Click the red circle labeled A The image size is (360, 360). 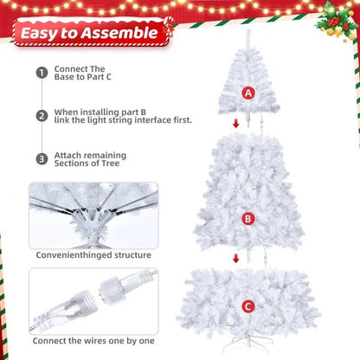[x=249, y=93]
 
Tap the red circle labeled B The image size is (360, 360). [x=248, y=219]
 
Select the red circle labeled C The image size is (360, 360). [x=248, y=305]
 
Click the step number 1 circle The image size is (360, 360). [x=41, y=73]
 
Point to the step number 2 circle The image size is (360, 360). [x=41, y=115]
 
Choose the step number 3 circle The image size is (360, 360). [x=41, y=158]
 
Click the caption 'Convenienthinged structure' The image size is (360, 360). [x=93, y=254]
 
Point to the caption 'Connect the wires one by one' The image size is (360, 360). [x=93, y=341]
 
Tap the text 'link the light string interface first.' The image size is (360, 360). [x=123, y=120]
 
